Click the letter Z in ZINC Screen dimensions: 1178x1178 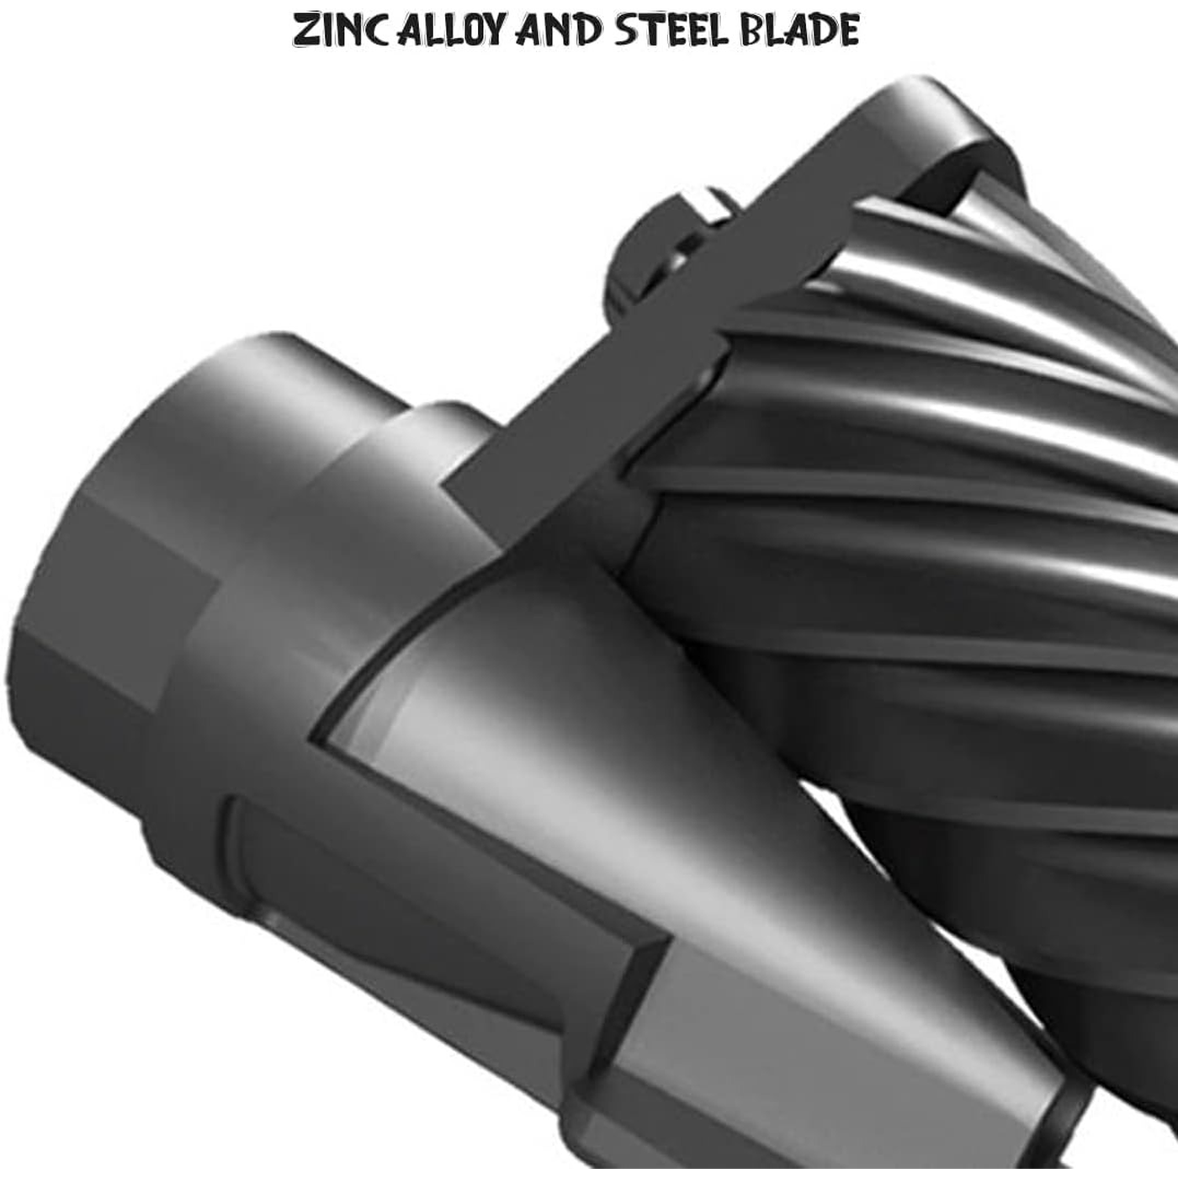coord(306,30)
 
